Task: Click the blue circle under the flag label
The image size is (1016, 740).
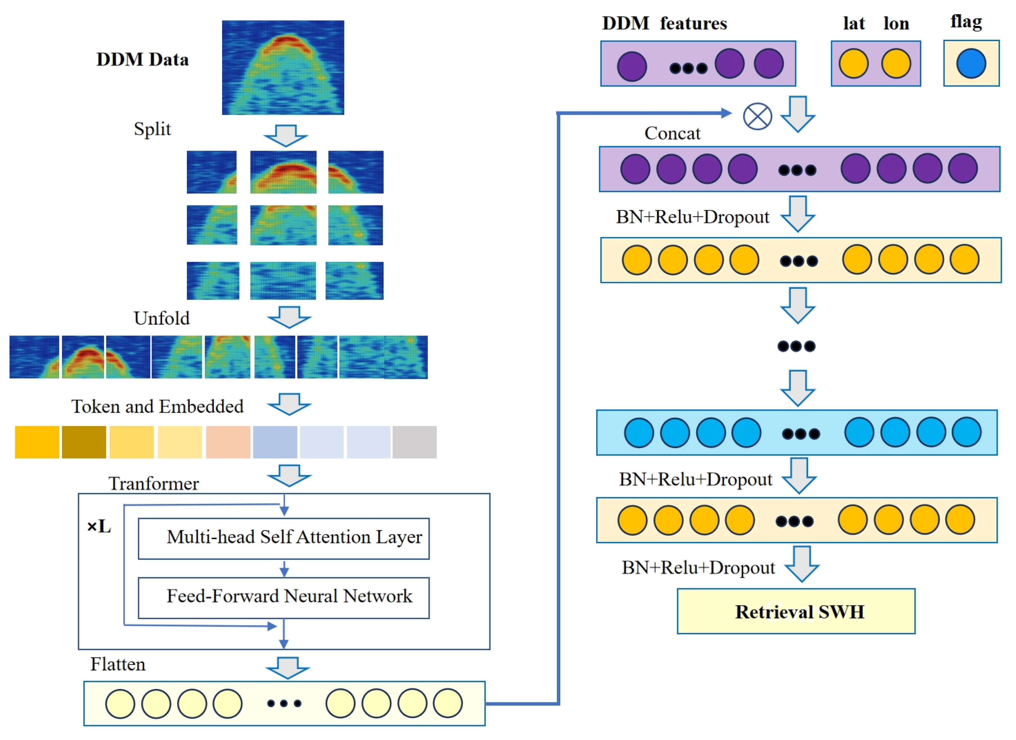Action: pos(971,64)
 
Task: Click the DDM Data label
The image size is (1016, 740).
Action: pos(143,59)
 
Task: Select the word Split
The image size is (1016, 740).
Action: pos(152,129)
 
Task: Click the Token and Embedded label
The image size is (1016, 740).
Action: pos(157,406)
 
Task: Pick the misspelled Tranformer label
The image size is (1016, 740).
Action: pos(153,483)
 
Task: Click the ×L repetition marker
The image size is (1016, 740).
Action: pos(99,526)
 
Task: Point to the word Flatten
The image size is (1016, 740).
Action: pos(118,664)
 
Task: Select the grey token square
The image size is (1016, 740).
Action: pos(414,442)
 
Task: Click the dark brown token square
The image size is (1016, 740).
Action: pos(84,442)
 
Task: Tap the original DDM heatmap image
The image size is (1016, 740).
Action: pos(283,67)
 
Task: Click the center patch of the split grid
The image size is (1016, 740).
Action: pos(283,225)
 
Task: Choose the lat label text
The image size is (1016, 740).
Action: pos(853,23)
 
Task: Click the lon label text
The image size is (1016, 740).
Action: pos(896,23)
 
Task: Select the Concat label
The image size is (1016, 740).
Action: pos(672,133)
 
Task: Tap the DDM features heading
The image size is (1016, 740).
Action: pos(664,23)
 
